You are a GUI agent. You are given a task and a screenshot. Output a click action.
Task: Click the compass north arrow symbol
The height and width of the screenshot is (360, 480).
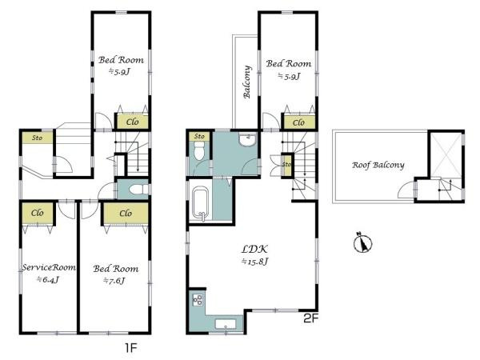pos(362,242)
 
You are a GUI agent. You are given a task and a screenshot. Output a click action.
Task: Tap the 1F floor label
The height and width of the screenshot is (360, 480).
pos(130,348)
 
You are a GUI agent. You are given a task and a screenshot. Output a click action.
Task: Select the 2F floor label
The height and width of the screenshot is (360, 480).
pos(311,319)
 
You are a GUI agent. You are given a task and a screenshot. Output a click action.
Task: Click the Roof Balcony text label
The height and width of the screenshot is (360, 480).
pos(378,166)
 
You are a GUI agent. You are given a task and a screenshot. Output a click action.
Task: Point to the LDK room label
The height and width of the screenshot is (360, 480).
pos(254,249)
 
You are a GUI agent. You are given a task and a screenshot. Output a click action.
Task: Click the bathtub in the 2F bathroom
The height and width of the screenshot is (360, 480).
pos(201,204)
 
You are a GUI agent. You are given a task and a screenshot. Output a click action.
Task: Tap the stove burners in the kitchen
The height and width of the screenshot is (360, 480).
pos(198,300)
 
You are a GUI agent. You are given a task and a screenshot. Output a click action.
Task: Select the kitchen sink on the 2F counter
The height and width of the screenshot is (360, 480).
pos(226,324)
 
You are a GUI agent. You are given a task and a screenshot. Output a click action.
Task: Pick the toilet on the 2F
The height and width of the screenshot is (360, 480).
pos(199,151)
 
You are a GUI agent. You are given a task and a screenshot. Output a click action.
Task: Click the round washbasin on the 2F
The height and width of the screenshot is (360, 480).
pos(248,139)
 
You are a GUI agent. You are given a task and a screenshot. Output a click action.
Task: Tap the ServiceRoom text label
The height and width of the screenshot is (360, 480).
pos(49,267)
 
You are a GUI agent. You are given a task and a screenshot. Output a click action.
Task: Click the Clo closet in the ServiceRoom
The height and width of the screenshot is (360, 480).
pos(38,213)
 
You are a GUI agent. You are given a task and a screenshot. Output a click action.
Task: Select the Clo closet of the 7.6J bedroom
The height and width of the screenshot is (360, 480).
pos(126,213)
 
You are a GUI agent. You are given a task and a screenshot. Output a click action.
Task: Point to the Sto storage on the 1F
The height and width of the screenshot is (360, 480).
pos(38,138)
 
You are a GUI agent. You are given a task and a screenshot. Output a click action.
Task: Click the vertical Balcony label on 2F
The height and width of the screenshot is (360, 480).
pos(247,82)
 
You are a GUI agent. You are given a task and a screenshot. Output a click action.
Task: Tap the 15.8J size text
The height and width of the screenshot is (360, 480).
pos(254,262)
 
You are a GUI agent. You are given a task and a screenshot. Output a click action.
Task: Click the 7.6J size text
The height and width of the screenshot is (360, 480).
pos(114,280)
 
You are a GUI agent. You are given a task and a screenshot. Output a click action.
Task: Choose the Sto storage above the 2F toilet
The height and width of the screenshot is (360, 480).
pos(199,136)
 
